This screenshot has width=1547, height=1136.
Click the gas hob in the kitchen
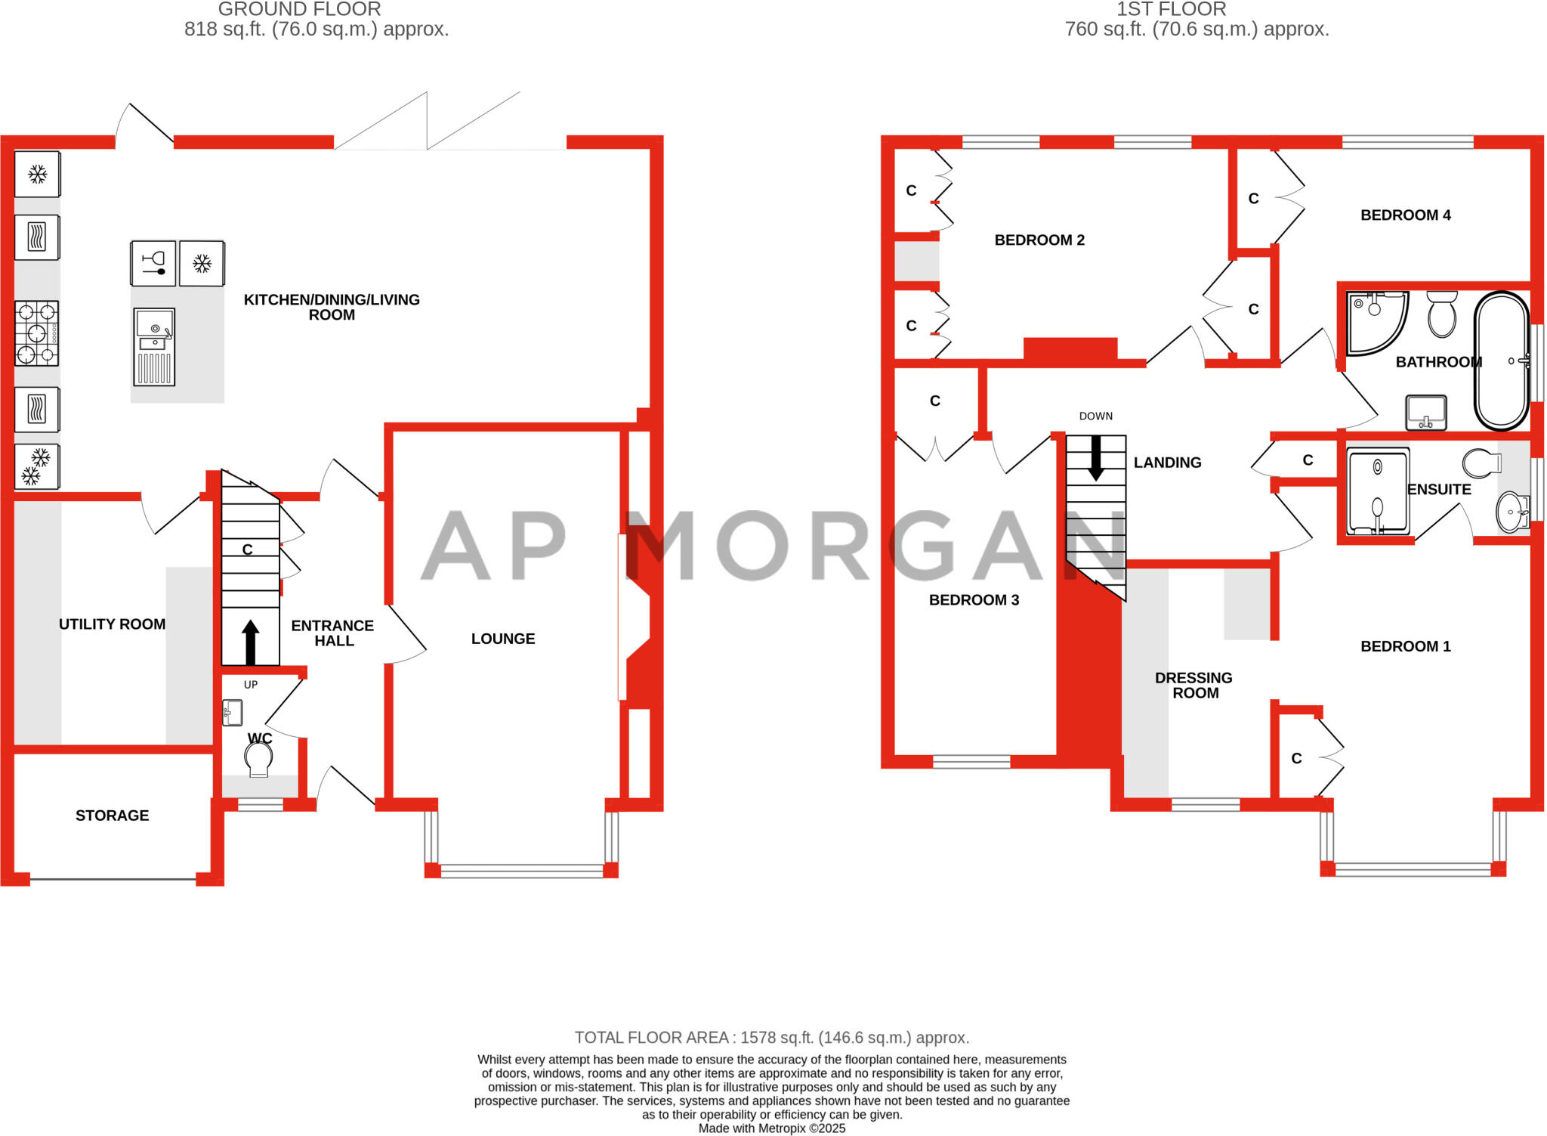click(x=37, y=333)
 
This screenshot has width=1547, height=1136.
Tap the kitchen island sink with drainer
click(x=154, y=347)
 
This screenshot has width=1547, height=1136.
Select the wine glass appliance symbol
click(x=153, y=263)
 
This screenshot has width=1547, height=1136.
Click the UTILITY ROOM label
click(x=112, y=624)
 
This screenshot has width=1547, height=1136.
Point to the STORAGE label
click(x=112, y=816)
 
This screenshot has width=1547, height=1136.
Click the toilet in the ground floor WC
click(x=258, y=759)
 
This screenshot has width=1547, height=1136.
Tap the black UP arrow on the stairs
click(x=250, y=642)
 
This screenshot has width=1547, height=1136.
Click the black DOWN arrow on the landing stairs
click(x=1095, y=458)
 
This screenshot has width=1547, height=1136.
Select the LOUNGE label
click(x=503, y=639)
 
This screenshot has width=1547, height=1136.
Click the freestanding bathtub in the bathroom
click(x=1502, y=361)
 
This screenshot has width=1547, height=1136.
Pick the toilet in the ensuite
click(x=1481, y=462)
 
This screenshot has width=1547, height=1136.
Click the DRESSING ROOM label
click(x=1193, y=686)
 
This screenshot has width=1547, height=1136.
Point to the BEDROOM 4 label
click(x=1405, y=215)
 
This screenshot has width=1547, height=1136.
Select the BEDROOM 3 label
click(x=974, y=600)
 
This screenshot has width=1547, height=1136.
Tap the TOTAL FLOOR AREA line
click(x=771, y=1038)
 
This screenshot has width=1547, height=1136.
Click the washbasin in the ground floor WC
click(x=233, y=713)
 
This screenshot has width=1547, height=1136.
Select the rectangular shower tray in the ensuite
click(x=1379, y=491)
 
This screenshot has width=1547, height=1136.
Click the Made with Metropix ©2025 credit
click(x=771, y=1128)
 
